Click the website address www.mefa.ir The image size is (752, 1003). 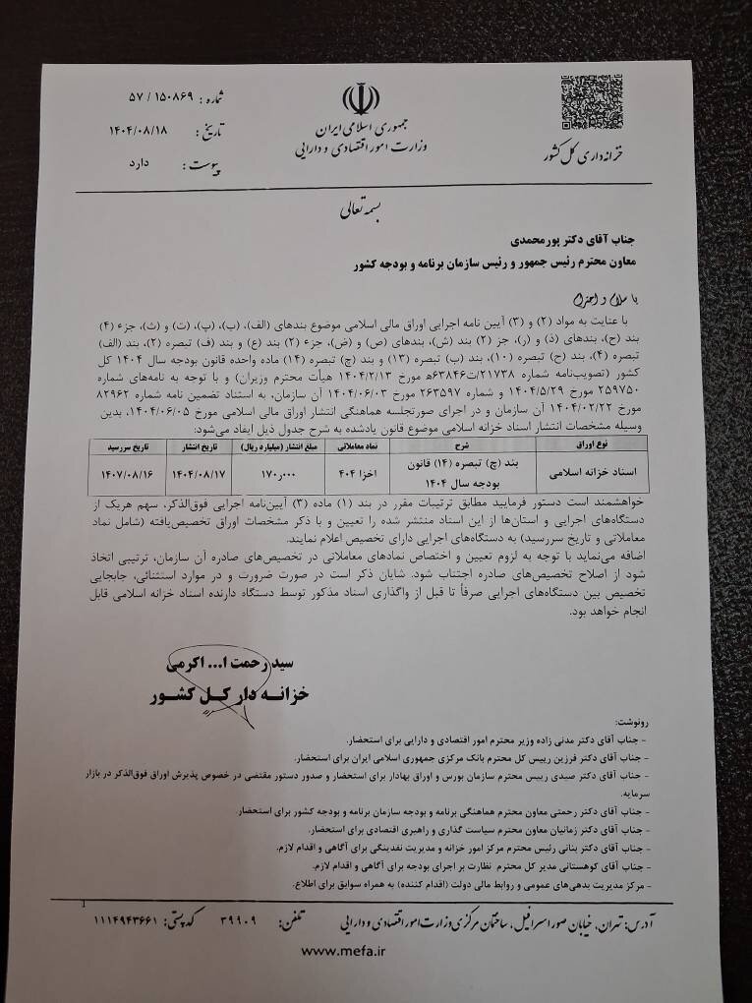tap(343, 950)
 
